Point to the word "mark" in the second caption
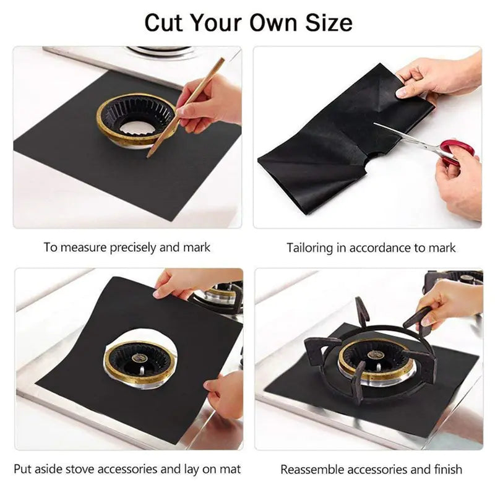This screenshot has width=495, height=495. tap(443, 248)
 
